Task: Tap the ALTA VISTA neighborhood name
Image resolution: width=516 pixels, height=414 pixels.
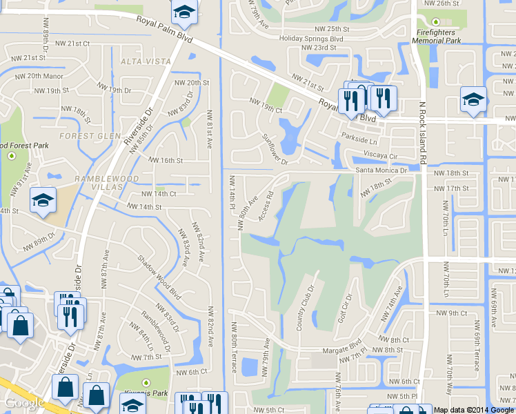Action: (135, 61)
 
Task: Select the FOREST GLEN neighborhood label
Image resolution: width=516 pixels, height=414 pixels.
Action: (90, 136)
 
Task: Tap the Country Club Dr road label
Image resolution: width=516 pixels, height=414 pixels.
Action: (305, 307)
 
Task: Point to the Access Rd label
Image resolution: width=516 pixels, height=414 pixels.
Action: (268, 206)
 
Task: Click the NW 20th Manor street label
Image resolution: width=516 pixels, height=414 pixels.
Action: (39, 76)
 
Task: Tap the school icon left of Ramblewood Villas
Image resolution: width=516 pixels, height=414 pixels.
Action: (43, 201)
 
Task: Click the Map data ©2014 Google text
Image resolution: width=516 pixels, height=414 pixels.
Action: (473, 410)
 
